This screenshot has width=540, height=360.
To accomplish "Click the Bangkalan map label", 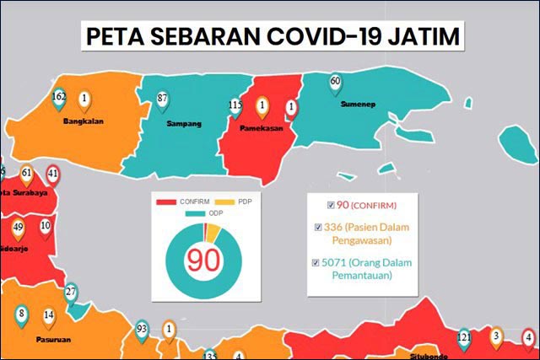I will [x=83, y=121].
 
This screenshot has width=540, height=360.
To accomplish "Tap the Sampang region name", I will [x=183, y=124].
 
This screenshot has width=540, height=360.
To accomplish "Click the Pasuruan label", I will [x=53, y=339].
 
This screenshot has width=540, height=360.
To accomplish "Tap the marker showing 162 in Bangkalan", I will [x=59, y=98].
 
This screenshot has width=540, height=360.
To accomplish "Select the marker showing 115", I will [x=235, y=106].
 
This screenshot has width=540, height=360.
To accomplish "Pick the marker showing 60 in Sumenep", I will [x=335, y=83].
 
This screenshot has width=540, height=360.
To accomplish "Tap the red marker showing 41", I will [x=53, y=175].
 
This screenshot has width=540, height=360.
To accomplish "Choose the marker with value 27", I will [x=71, y=293].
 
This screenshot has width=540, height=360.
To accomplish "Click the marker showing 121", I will [x=463, y=338].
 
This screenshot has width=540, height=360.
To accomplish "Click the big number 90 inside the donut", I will [x=202, y=259].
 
